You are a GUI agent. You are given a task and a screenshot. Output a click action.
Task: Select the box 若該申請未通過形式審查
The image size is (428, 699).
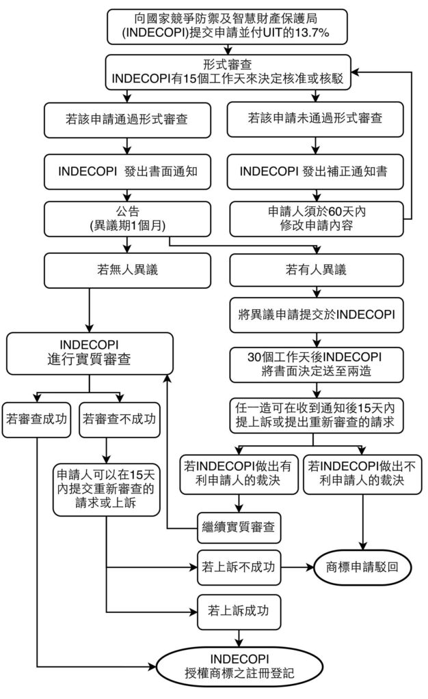click(x=315, y=118)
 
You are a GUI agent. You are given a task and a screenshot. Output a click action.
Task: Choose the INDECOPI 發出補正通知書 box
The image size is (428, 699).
click(x=315, y=170)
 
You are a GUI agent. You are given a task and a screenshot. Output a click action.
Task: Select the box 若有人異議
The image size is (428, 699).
click(x=315, y=270)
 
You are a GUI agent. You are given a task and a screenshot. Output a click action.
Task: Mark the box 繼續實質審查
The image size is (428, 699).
click(x=239, y=526)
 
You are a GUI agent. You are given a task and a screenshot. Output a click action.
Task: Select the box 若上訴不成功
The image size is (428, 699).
click(x=239, y=567)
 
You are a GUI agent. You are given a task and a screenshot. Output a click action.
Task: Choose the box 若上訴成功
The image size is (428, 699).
click(x=239, y=609)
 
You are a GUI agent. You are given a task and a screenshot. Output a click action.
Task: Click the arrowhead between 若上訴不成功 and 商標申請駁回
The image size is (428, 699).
click(x=308, y=567)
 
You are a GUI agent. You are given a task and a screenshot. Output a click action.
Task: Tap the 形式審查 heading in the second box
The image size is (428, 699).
click(x=230, y=63)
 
